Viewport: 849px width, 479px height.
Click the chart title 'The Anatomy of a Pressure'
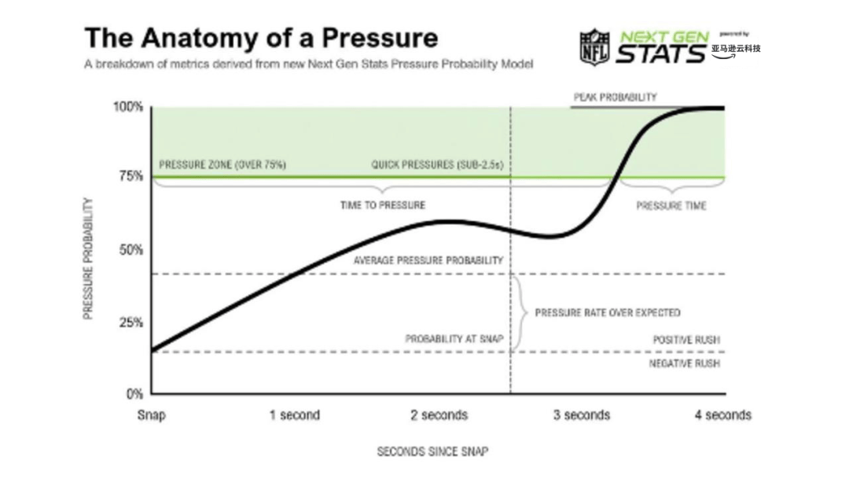point(261,38)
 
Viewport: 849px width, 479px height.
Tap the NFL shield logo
point(594,47)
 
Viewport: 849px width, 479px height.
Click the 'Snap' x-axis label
point(152,415)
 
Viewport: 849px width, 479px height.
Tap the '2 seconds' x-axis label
point(439,415)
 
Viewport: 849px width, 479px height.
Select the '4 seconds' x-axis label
point(722,415)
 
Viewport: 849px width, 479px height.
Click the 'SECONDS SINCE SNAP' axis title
point(432,451)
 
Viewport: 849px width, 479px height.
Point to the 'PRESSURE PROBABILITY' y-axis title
point(88,258)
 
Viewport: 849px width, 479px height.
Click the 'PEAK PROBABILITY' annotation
point(615,98)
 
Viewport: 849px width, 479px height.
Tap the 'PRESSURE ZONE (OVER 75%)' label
point(222,165)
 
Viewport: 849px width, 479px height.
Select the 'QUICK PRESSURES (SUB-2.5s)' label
point(436,165)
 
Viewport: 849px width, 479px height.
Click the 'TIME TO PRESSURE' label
point(383,205)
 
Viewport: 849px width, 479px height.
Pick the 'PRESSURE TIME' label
point(671,206)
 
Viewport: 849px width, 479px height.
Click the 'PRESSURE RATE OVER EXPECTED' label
point(608,312)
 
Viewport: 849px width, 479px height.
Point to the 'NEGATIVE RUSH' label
point(684,364)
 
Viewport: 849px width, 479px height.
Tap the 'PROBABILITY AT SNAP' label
point(454,339)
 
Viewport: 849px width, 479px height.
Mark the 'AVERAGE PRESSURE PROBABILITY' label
point(428,260)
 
